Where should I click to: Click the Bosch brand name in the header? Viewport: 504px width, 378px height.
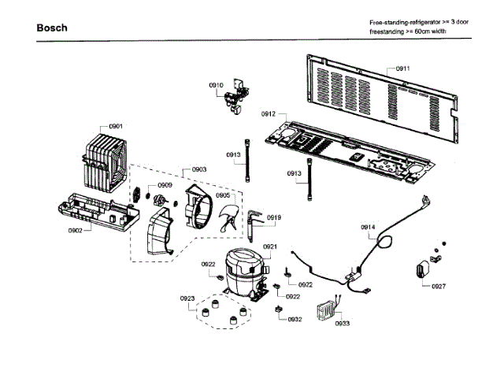point(52,28)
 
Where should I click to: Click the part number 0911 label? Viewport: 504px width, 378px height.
point(402,69)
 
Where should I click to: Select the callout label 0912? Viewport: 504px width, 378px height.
point(269,114)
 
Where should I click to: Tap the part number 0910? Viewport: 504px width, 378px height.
point(216,84)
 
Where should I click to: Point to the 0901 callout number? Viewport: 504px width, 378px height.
point(116,127)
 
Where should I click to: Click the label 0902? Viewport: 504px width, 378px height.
point(76,230)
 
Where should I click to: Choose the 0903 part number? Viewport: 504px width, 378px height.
point(199,170)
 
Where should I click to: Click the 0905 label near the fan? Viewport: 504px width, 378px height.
point(224,195)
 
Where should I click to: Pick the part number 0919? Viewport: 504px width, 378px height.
point(274,217)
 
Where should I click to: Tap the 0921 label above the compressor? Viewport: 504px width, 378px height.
point(270,246)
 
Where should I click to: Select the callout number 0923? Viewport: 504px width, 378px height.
point(187,298)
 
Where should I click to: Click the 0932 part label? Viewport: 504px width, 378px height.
point(295,319)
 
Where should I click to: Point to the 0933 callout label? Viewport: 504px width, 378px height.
point(343,324)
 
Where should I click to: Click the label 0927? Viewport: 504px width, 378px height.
point(439,286)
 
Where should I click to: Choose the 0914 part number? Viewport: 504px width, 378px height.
point(369,228)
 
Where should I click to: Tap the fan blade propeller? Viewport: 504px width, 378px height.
point(231,216)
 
